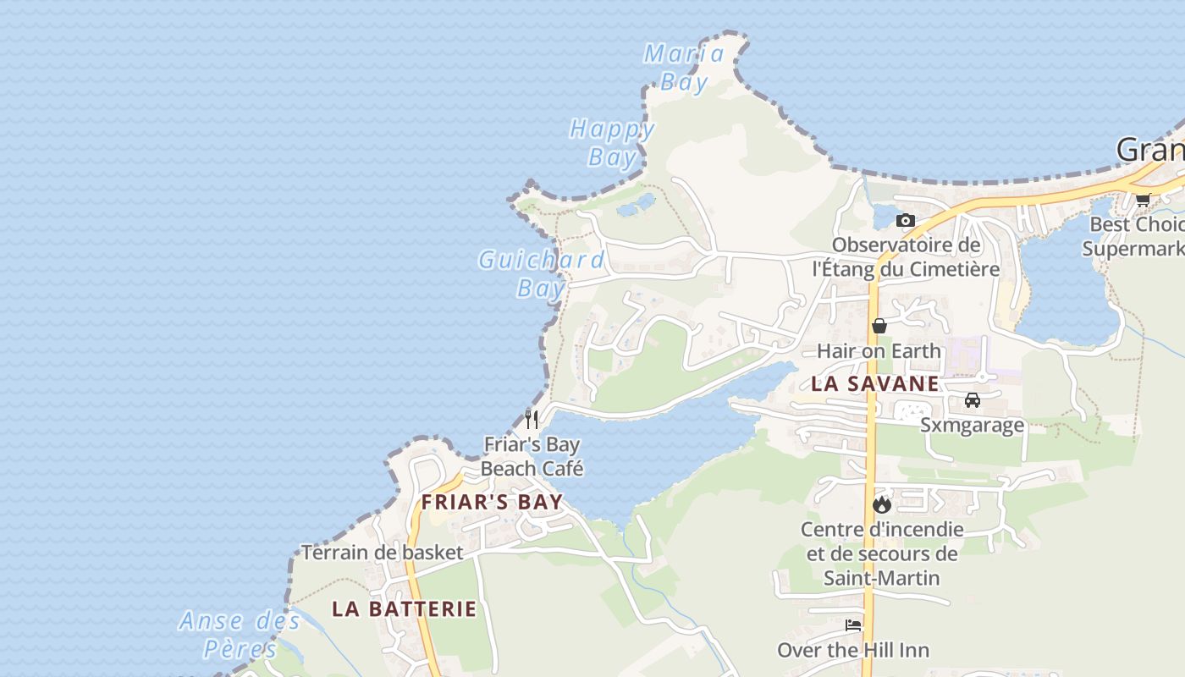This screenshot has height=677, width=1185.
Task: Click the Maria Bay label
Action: click(x=684, y=67)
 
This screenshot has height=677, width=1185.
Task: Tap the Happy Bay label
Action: click(x=612, y=143)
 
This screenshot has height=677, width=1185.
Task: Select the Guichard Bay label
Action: click(x=542, y=273)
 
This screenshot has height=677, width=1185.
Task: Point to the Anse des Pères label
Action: click(x=240, y=635)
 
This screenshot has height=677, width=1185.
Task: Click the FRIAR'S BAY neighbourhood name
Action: click(x=492, y=502)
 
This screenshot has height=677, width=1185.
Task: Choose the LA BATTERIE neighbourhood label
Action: click(x=404, y=608)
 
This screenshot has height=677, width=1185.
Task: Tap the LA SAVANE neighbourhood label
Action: click(x=874, y=383)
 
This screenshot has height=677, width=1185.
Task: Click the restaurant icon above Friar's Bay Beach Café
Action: click(x=532, y=418)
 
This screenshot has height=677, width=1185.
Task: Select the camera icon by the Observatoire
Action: click(x=906, y=220)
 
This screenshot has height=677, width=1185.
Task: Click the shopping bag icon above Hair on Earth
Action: click(x=879, y=326)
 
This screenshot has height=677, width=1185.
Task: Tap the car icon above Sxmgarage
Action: click(x=973, y=400)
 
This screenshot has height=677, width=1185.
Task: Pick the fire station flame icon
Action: click(x=882, y=504)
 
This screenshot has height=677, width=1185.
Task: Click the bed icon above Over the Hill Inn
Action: click(x=853, y=625)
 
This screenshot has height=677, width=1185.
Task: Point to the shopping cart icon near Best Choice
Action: click(x=1143, y=200)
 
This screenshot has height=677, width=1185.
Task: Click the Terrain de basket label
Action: click(x=383, y=553)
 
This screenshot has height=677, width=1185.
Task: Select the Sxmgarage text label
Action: click(x=972, y=425)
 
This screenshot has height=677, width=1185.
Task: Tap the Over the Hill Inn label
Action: click(x=853, y=650)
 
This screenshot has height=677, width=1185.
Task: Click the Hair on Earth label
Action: click(x=879, y=350)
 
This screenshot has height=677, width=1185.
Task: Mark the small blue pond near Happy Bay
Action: click(x=636, y=205)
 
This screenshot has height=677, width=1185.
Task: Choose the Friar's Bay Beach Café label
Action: click(x=532, y=456)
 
